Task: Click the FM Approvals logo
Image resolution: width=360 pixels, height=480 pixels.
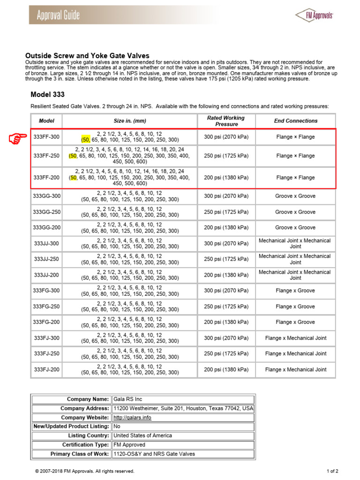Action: click(314, 15)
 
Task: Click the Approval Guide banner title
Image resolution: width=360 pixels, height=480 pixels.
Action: click(59, 15)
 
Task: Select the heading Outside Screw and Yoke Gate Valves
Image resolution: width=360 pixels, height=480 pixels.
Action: click(87, 55)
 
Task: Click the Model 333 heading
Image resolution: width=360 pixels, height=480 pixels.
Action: click(47, 94)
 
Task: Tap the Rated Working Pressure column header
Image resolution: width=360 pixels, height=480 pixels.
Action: click(226, 121)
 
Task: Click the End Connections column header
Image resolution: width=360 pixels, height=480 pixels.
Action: click(295, 121)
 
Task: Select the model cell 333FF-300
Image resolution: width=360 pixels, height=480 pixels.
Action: click(46, 137)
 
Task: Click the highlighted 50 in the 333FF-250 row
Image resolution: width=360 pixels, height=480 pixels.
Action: click(73, 156)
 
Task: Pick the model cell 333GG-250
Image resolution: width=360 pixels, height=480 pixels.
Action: click(46, 212)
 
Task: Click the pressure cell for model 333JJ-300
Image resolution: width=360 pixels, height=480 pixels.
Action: click(226, 243)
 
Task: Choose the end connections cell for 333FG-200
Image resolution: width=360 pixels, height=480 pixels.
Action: click(295, 322)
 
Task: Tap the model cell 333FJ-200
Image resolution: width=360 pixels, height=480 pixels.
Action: click(46, 369)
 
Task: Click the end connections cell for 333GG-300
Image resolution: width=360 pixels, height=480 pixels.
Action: click(295, 196)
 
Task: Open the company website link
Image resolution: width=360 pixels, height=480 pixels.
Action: click(133, 417)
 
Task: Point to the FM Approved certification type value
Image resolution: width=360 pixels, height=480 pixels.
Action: click(130, 444)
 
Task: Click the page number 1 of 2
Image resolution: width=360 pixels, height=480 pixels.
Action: click(332, 471)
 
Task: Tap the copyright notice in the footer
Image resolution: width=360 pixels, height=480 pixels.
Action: click(84, 471)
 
